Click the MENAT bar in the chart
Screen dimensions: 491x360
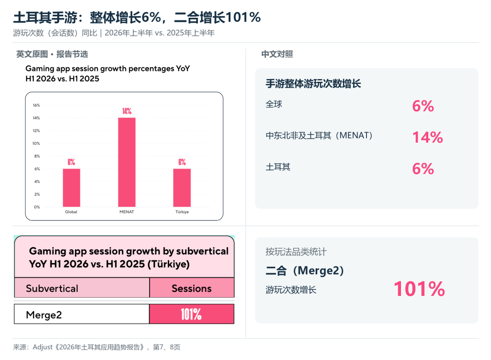[x=127, y=162]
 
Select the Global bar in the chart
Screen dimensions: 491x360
[x=71, y=188]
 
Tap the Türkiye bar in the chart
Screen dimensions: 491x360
[x=182, y=188]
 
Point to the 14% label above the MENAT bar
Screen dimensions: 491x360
[x=127, y=111]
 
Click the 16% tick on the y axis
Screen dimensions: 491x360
[x=36, y=105]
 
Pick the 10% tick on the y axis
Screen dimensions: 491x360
[x=36, y=143]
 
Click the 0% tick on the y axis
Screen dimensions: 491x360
[x=37, y=207]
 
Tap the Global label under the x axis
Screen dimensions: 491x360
[x=71, y=212]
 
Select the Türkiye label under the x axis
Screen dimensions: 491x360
[x=182, y=212]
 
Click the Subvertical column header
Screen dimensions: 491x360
[x=52, y=288]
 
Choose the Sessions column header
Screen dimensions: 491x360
[x=192, y=288]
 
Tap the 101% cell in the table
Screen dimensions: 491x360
[x=191, y=314]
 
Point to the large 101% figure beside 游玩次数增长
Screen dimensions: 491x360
[x=419, y=289]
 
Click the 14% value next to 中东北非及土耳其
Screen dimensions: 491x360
[x=428, y=137]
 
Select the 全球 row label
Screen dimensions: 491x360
[x=274, y=104]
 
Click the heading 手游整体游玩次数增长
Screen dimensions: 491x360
[x=313, y=84]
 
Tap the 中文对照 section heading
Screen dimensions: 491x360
[x=277, y=54]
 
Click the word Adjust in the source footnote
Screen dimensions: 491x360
[x=43, y=347]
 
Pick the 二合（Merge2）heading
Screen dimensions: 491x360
[x=305, y=270]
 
